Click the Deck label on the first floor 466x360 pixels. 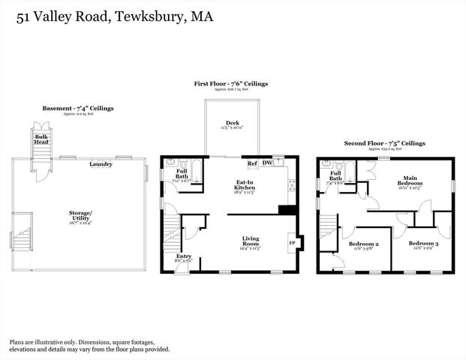233,123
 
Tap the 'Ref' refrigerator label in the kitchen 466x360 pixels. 253,163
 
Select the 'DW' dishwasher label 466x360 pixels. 267,163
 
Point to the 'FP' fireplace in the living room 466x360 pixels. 292,243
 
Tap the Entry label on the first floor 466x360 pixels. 183,256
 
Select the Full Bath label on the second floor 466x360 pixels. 334,174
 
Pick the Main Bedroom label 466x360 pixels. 409,180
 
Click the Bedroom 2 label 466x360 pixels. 363,244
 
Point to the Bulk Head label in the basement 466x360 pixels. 39,140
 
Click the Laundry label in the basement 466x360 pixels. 101,164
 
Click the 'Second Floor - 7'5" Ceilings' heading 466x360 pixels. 384,142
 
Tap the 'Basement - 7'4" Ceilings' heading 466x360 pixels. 77,109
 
